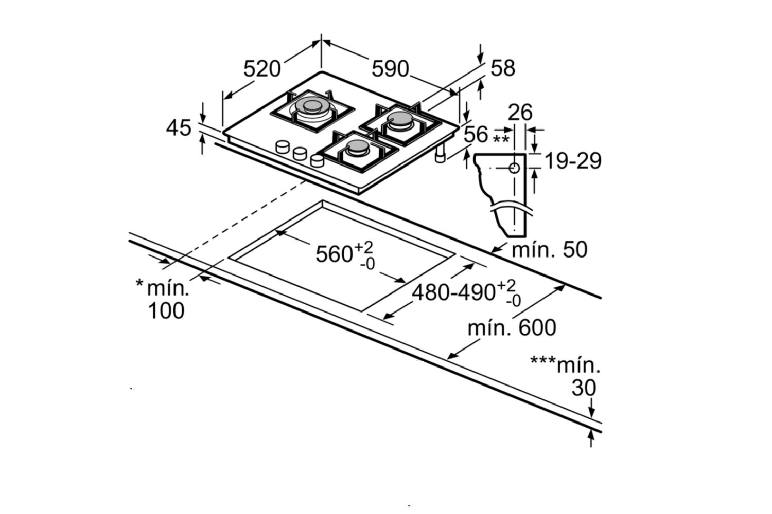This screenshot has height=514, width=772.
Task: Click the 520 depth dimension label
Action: click(262, 69)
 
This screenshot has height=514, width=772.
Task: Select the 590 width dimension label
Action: click(390, 68)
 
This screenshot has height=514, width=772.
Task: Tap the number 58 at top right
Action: click(503, 68)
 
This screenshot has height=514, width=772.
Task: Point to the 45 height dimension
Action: click(179, 128)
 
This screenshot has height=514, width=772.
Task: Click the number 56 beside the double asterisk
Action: click(476, 134)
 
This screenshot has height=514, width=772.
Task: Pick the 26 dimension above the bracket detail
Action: click(520, 112)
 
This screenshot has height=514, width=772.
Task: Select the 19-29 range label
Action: click(573, 161)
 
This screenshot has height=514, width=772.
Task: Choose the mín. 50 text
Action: click(549, 250)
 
